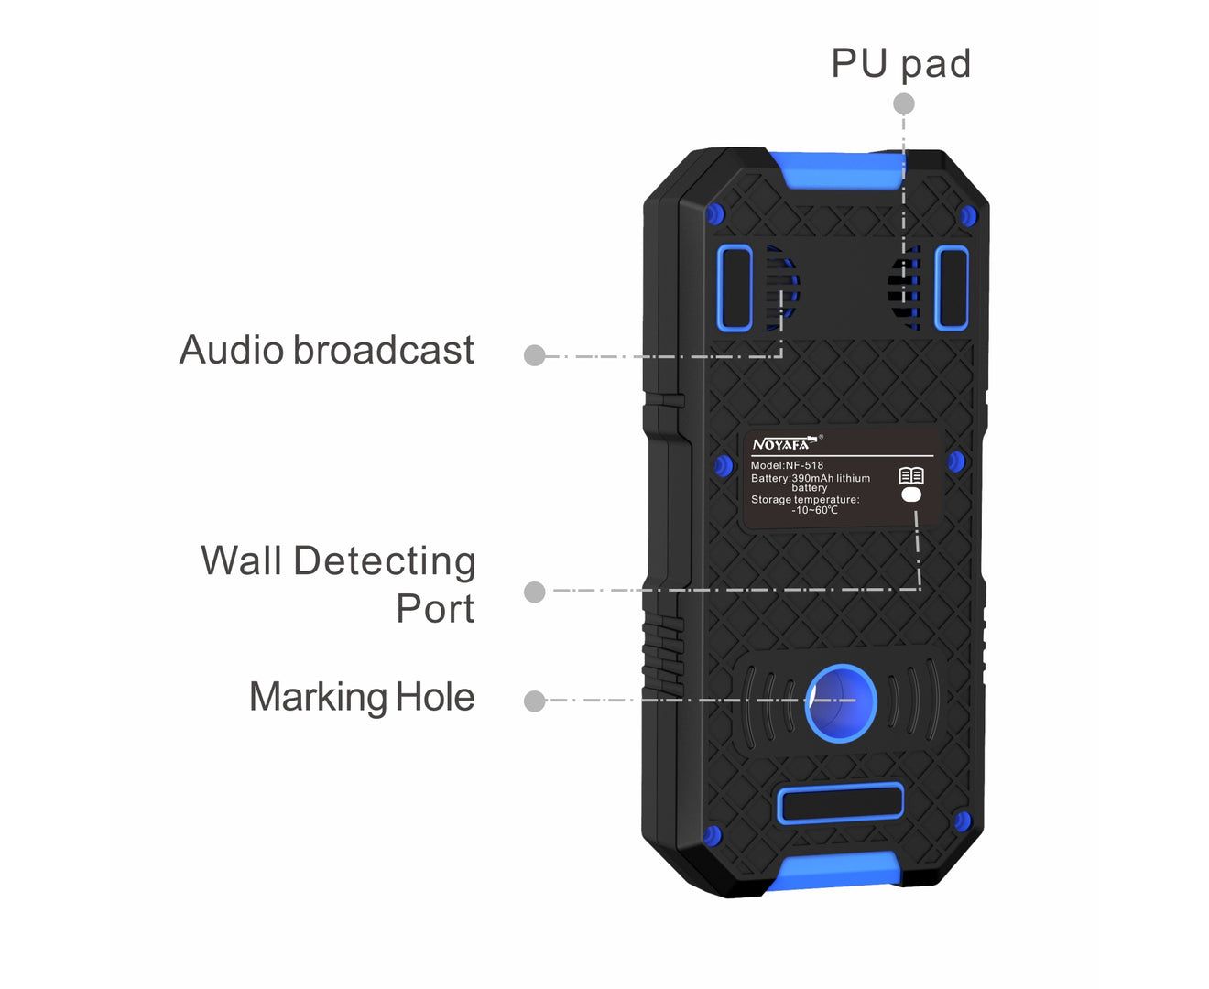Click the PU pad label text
pos(900,65)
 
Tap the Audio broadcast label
pos(327,349)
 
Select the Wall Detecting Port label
pos(338,583)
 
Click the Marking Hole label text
pos(362,697)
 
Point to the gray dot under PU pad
pos(904,103)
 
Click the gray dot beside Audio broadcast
pos(535,355)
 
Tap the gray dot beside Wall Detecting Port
pos(535,592)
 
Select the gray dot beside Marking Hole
pos(535,701)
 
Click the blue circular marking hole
pos(841,704)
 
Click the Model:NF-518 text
pos(787,465)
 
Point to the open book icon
pos(911,476)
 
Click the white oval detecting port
pos(911,494)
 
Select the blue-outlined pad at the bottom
pos(841,803)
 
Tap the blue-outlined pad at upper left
pos(735,288)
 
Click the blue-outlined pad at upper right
pos(952,288)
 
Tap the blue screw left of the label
pos(724,465)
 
